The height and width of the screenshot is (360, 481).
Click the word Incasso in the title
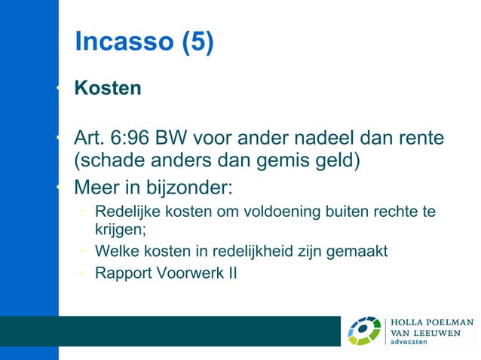124,41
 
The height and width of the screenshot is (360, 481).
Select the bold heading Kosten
108,88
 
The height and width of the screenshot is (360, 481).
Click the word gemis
280,162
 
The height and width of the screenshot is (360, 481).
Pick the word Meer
96,186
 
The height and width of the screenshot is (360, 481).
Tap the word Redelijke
125,213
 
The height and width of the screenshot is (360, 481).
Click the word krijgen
120,230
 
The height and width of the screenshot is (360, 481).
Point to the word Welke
115,251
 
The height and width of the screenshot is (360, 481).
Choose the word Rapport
121,272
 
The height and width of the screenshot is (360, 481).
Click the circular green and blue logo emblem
364,331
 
